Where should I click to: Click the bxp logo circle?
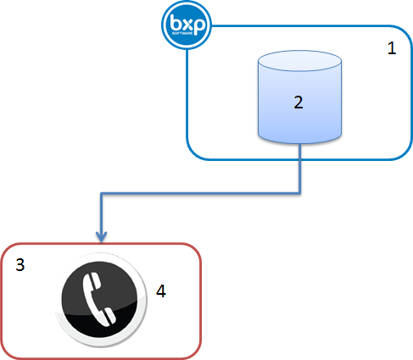pyautogui.click(x=187, y=25)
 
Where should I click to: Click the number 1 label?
pyautogui.click(x=391, y=48)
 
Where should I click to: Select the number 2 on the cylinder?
pyautogui.click(x=298, y=102)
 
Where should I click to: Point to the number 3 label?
pyautogui.click(x=20, y=264)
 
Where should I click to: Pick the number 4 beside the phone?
pyautogui.click(x=161, y=291)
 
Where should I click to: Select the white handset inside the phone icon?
pyautogui.click(x=99, y=301)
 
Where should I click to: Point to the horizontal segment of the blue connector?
pyautogui.click(x=201, y=194)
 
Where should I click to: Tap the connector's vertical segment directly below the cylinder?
pyautogui.click(x=300, y=169)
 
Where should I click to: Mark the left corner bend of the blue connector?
pyautogui.click(x=102, y=194)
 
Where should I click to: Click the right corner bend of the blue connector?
pyautogui.click(x=300, y=194)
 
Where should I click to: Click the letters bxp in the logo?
pyautogui.click(x=187, y=23)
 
